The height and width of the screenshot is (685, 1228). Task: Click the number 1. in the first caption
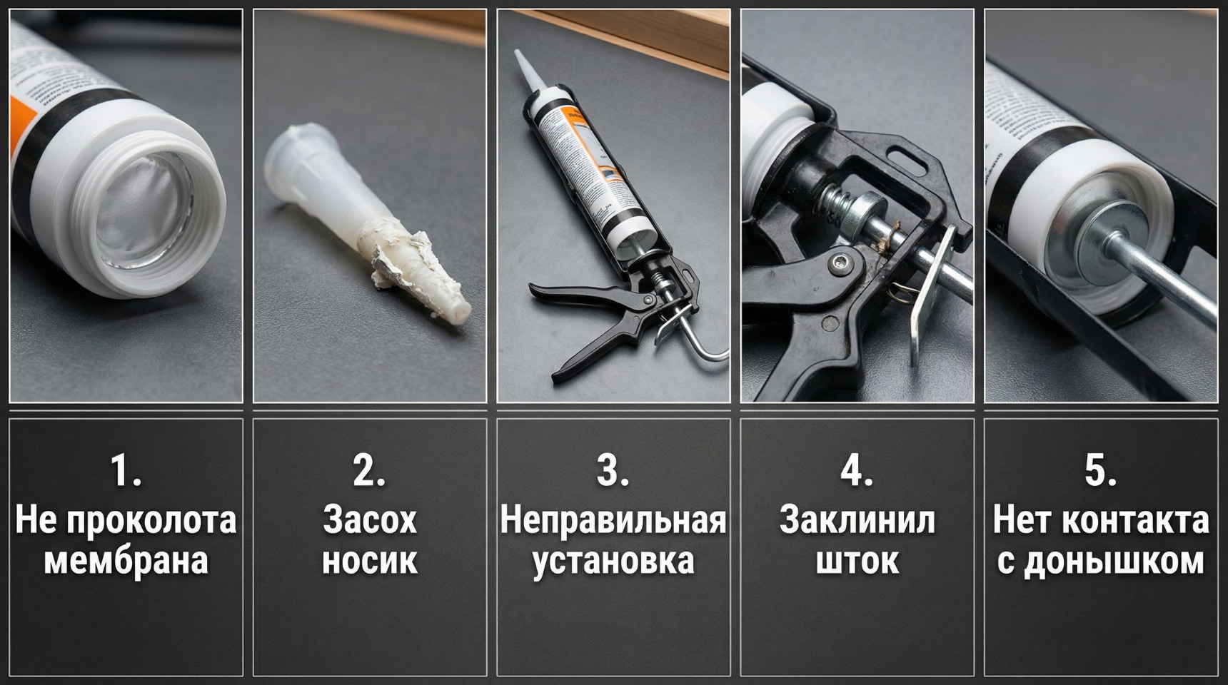tap(125, 471)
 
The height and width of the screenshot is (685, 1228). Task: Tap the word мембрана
tap(126, 561)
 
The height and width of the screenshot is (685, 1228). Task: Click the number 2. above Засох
tap(369, 471)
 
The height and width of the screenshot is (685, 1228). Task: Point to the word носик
tap(369, 561)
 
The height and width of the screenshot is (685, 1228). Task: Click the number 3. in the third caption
tap(613, 471)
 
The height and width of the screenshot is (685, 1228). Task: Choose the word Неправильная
tap(613, 520)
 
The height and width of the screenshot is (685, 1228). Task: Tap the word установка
tap(613, 561)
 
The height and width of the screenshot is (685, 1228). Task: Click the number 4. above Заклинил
tap(856, 471)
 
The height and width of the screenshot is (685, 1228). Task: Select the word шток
tap(857, 561)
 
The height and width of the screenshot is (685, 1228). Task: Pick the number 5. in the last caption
tap(1100, 471)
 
